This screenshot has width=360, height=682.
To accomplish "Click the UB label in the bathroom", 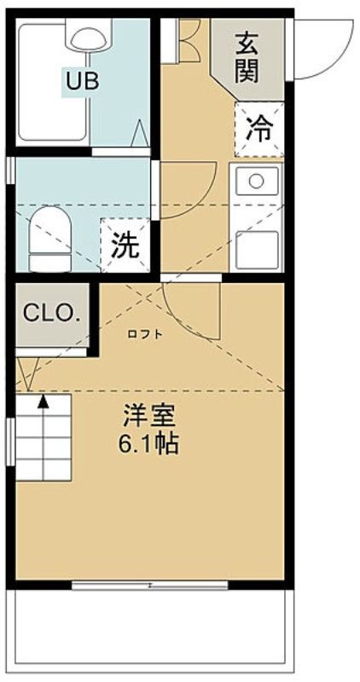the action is pyautogui.click(x=83, y=81).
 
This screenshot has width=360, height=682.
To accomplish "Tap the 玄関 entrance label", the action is pyautogui.click(x=247, y=58).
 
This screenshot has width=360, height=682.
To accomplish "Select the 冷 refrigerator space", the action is pyautogui.click(x=259, y=130).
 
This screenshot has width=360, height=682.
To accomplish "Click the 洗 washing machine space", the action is pyautogui.click(x=125, y=246).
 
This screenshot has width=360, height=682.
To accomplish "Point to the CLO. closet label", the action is pyautogui.click(x=52, y=312).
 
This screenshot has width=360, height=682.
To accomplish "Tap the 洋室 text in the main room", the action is pyautogui.click(x=149, y=416).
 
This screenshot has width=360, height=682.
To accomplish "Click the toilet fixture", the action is pyautogui.click(x=50, y=239).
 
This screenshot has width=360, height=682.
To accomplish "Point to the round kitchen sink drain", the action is pyautogui.click(x=257, y=181).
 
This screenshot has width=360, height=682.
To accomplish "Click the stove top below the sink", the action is pyautogui.click(x=257, y=250).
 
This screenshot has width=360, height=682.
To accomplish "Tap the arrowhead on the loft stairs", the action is pyautogui.click(x=43, y=401).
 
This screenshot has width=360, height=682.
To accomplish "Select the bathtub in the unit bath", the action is pyautogui.click(x=53, y=83).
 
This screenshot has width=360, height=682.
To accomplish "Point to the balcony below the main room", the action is pyautogui.click(x=150, y=631).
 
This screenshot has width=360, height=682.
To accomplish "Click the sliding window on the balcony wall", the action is pyautogui.click(x=150, y=586).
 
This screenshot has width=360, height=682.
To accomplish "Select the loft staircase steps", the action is pyautogui.click(x=44, y=437).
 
